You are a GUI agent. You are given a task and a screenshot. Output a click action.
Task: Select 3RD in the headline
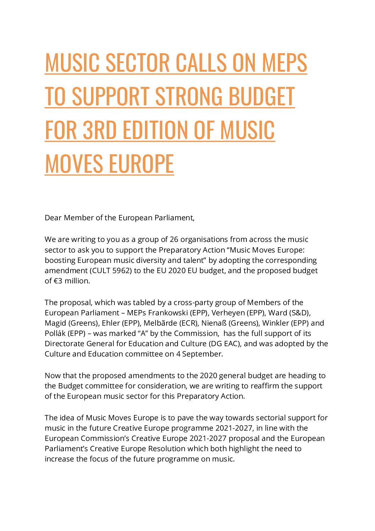pyautogui.click(x=100, y=130)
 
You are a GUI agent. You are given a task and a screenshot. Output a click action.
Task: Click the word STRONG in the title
pyautogui.click(x=189, y=96)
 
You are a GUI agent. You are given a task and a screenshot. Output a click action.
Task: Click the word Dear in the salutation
pyautogui.click(x=53, y=218)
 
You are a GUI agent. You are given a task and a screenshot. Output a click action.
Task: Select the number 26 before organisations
pyautogui.click(x=174, y=239)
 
